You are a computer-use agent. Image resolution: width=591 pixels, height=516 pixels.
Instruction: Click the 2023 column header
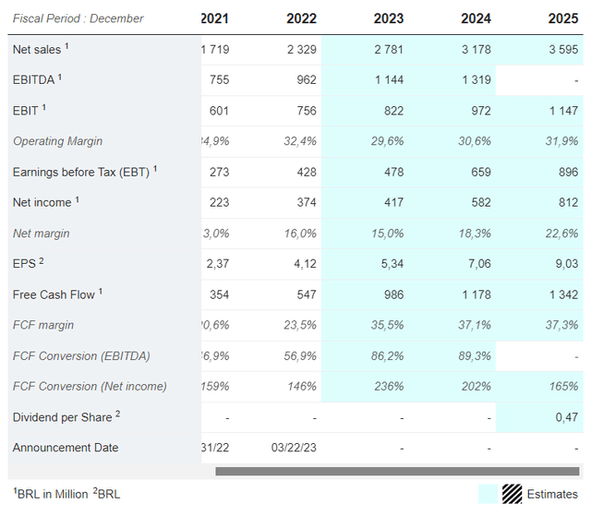pyautogui.click(x=388, y=18)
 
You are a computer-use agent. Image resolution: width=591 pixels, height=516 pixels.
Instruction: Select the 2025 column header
pyautogui.click(x=562, y=18)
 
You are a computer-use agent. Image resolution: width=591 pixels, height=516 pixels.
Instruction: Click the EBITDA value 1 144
pyautogui.click(x=390, y=80)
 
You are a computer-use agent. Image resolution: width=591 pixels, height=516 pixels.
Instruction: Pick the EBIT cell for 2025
pyautogui.click(x=561, y=111)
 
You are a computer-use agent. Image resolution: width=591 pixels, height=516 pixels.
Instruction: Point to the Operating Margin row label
pyautogui.click(x=57, y=141)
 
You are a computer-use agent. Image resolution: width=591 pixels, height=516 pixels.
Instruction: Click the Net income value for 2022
pyautogui.click(x=301, y=202)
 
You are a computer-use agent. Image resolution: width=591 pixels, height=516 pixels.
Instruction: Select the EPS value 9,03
pyautogui.click(x=564, y=264)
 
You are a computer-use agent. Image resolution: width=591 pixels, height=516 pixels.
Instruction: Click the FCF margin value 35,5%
pyautogui.click(x=388, y=325)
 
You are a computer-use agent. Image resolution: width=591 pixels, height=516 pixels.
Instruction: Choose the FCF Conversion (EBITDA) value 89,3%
pyautogui.click(x=475, y=355)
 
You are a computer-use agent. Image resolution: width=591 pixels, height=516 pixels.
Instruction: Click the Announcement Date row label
pyautogui.click(x=66, y=448)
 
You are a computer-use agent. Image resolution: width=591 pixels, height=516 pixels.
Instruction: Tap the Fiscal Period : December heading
pyautogui.click(x=78, y=18)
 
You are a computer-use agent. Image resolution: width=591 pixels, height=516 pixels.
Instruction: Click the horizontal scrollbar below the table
pyautogui.click(x=397, y=472)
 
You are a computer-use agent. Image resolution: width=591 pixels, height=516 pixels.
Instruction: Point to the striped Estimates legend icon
pyautogui.click(x=511, y=494)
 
